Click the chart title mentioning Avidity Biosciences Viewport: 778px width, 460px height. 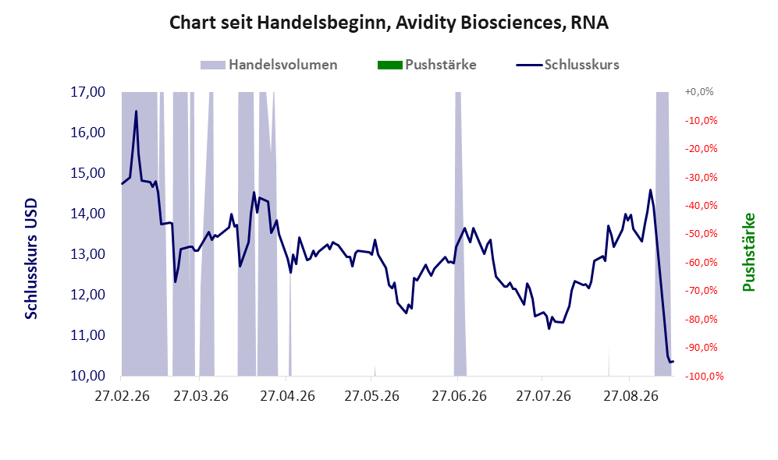click(389, 23)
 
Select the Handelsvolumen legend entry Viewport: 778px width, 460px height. click(269, 65)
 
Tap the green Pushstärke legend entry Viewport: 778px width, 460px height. click(427, 65)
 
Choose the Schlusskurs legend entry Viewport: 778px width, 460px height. click(567, 65)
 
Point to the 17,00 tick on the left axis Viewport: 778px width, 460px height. click(88, 92)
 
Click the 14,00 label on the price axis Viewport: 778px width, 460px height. click(88, 214)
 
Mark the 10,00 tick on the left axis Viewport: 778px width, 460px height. click(88, 376)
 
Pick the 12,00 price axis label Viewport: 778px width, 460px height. click(88, 295)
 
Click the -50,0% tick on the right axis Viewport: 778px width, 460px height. click(701, 233)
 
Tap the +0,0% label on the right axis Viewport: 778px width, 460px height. click(699, 92)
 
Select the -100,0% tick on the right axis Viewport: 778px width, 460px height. click(704, 377)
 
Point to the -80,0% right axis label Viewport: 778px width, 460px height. click(701, 319)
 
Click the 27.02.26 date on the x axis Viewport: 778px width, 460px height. click(122, 396)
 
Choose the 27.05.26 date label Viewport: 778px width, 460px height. click(371, 396)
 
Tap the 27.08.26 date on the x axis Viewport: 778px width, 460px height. click(631, 396)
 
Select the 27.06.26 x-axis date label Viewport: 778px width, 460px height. click(459, 396)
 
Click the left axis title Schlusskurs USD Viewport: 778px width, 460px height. click(30, 259)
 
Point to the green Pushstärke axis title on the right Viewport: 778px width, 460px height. click(748, 253)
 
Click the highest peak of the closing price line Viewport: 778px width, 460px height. click(136, 111)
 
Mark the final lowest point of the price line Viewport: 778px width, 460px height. click(670, 363)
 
